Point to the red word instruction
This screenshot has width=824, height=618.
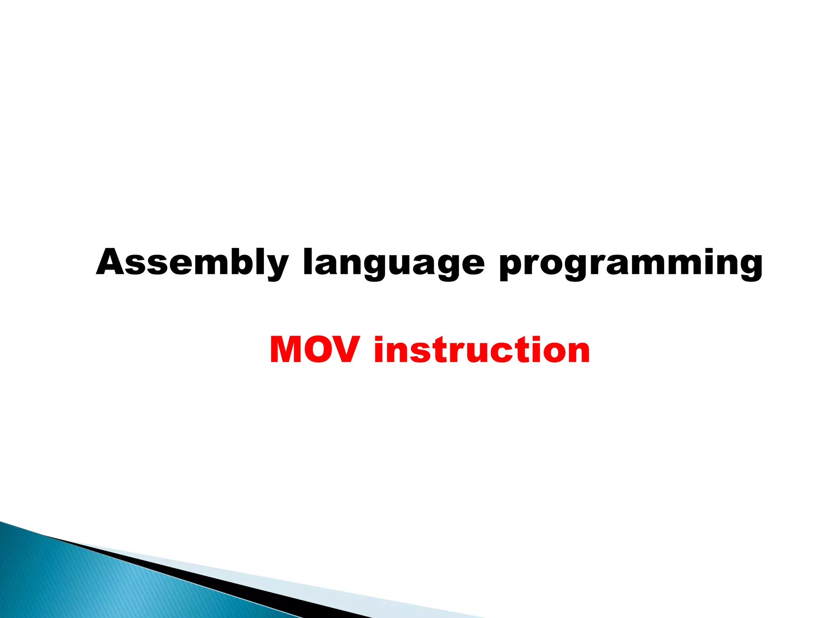(482, 350)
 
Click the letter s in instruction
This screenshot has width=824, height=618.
(418, 352)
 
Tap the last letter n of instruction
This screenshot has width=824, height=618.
(577, 352)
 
